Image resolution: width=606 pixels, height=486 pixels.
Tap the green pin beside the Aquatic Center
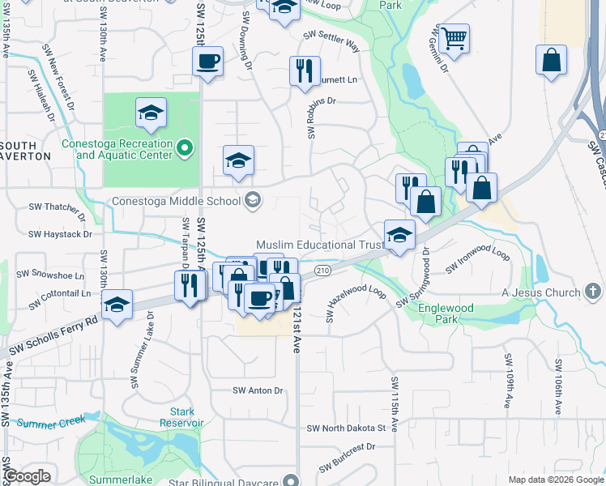pyautogui.click(x=185, y=147)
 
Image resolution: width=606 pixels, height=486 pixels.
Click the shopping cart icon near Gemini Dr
pyautogui.click(x=454, y=37)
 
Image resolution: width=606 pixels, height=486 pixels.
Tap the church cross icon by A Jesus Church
pyautogui.click(x=594, y=292)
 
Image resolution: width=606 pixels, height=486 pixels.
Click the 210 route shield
pyautogui.click(x=323, y=270)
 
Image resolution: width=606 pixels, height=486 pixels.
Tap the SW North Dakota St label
pyautogui.click(x=346, y=428)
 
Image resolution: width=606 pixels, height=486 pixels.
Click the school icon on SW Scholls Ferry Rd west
pyautogui.click(x=117, y=305)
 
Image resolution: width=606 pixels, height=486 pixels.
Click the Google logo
pyautogui.click(x=27, y=476)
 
